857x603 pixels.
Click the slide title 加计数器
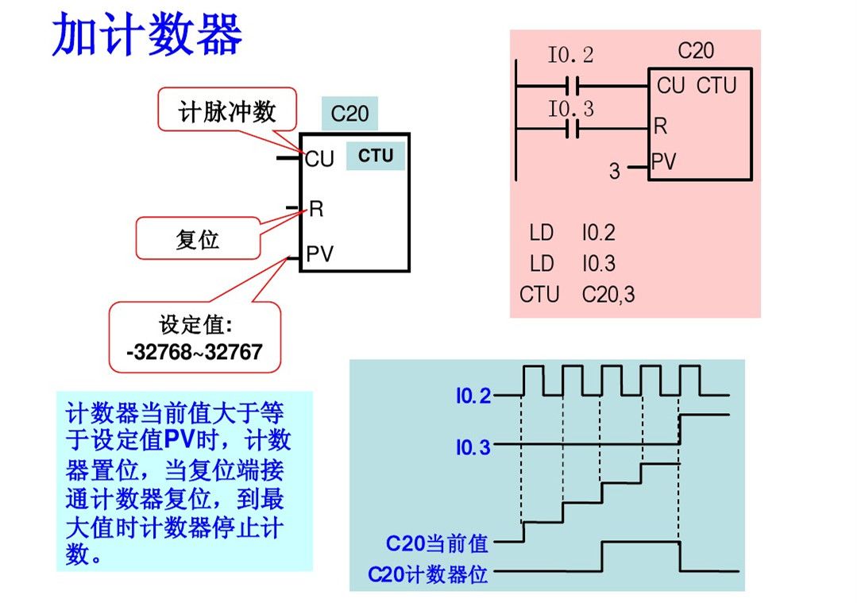pyautogui.click(x=147, y=36)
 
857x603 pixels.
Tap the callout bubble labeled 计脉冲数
pyautogui.click(x=226, y=111)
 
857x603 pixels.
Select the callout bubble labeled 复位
pyautogui.click(x=197, y=238)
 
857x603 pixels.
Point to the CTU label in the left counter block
pyautogui.click(x=375, y=156)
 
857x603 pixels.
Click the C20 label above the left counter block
pyautogui.click(x=349, y=114)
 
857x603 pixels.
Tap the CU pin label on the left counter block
pyautogui.click(x=319, y=160)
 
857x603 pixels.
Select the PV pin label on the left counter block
pyautogui.click(x=320, y=254)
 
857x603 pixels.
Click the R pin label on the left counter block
pyautogui.click(x=316, y=209)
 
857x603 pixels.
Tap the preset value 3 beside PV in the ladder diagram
pyautogui.click(x=614, y=170)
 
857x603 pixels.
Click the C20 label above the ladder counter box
pyautogui.click(x=696, y=52)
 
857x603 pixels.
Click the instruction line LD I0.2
pyautogui.click(x=572, y=233)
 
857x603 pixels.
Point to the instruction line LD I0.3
pyautogui.click(x=572, y=264)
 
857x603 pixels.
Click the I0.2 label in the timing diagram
pyautogui.click(x=473, y=396)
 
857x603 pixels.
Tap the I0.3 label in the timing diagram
pyautogui.click(x=473, y=448)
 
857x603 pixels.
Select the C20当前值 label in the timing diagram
pyautogui.click(x=437, y=544)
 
